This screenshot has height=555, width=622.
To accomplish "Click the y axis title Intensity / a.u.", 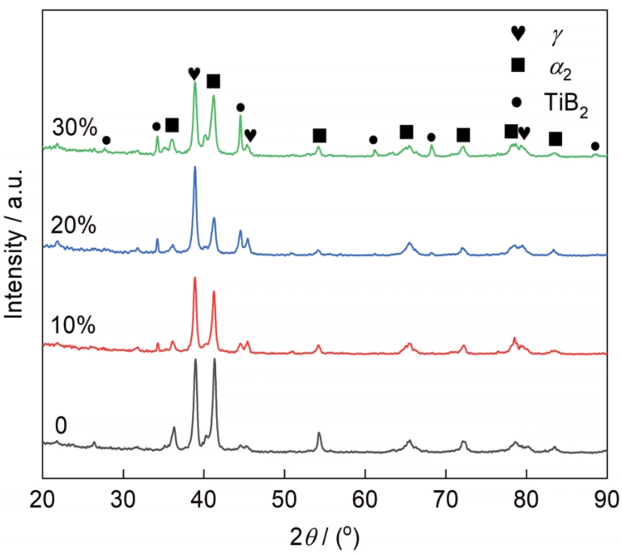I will coord(14,243).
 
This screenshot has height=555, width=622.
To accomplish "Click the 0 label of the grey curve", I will coord(61,425).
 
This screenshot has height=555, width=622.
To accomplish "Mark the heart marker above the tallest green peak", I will coord(194,74).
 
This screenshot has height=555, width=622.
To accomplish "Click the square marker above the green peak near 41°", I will coord(214,81).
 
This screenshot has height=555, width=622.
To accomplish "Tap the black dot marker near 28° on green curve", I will coord(106,140).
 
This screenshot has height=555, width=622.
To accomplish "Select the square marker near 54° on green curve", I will coord(319,134).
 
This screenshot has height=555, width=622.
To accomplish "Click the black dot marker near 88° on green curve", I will coord(595,146).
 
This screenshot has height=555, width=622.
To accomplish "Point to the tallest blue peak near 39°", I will coord(194,168).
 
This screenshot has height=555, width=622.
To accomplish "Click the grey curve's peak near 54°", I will coord(319,434).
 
